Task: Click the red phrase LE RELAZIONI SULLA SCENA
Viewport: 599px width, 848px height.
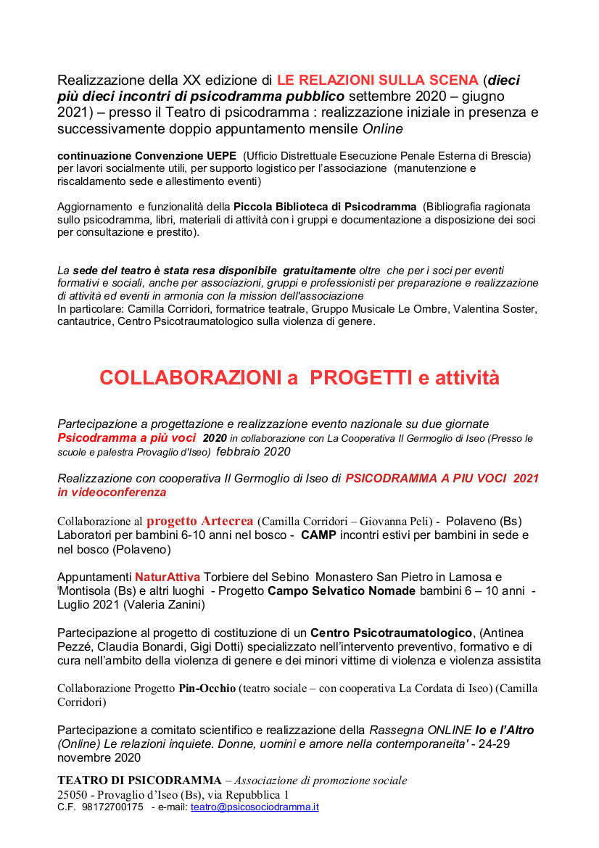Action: pos(377,80)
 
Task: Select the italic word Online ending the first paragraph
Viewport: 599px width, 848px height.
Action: pos(382,129)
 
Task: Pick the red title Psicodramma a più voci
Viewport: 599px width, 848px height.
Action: pos(127,437)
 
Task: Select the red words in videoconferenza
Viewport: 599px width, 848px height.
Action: pos(112,493)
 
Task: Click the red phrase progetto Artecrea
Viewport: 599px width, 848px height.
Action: pos(199,521)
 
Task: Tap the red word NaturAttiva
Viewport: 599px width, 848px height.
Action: pos(168,577)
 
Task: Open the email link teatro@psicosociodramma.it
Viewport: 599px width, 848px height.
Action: pos(255,807)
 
